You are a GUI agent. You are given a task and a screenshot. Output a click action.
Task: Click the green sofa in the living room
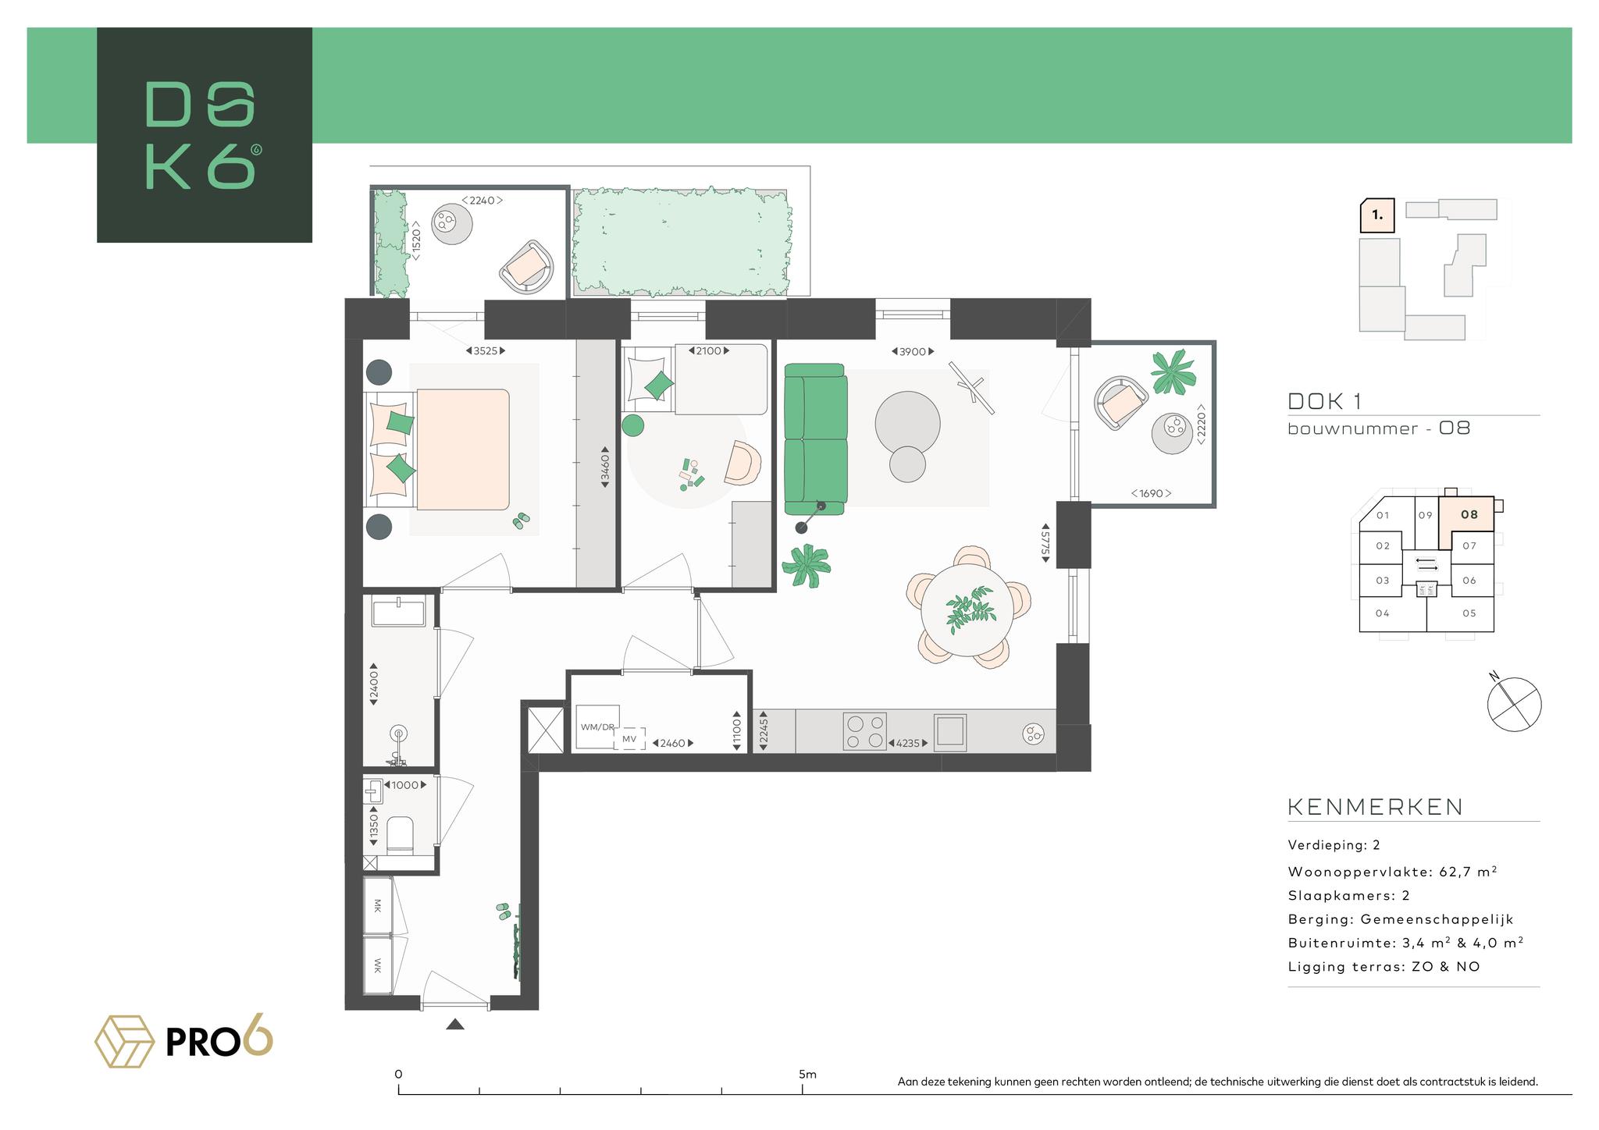816,439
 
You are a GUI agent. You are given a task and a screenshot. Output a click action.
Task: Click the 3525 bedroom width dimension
486,351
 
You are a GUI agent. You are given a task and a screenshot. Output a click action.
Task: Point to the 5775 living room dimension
1045,542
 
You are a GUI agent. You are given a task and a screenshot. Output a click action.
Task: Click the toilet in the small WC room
401,835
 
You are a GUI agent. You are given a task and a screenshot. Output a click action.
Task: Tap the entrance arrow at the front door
455,1025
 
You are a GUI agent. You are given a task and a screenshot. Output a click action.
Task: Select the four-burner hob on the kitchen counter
865,732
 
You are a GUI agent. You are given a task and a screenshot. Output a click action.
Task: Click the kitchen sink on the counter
951,731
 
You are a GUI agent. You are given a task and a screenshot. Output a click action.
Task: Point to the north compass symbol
1513,704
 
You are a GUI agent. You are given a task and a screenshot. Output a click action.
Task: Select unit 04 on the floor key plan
1383,613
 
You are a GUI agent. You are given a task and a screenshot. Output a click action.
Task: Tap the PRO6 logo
184,1041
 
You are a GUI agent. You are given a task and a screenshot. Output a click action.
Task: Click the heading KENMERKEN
1375,807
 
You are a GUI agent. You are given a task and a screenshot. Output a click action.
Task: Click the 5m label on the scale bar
807,1075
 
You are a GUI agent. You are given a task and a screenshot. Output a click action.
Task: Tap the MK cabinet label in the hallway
378,906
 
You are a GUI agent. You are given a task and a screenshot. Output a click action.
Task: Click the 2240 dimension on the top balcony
482,201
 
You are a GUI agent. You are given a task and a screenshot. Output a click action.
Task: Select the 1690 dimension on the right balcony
1151,493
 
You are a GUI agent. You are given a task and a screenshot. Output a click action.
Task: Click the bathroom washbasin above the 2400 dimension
398,611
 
